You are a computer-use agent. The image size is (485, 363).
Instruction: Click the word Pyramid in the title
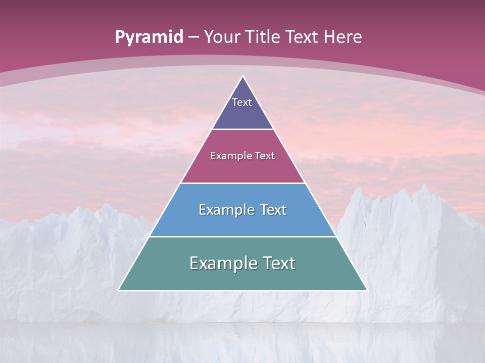tap(149, 37)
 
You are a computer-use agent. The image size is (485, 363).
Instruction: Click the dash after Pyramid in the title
tap(193, 37)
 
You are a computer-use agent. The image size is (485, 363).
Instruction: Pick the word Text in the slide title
tap(302, 37)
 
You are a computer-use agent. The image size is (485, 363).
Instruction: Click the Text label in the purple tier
tap(242, 102)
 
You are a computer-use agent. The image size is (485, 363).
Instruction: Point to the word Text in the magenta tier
tap(265, 156)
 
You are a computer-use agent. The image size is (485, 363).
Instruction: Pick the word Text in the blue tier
tap(273, 210)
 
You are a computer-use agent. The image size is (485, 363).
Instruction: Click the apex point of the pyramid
tap(243, 76)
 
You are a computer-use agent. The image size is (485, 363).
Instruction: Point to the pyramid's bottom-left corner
tap(118, 290)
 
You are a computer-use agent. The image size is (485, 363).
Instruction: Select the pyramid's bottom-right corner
tap(367, 290)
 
